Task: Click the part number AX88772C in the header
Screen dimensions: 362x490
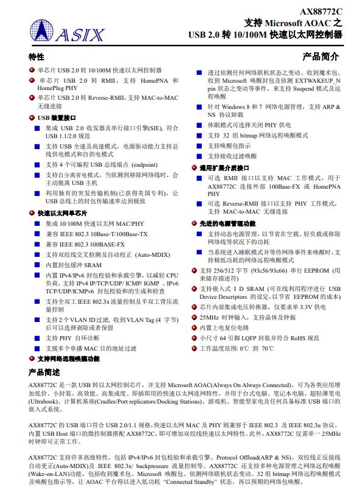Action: point(321,11)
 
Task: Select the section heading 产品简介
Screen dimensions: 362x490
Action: point(321,57)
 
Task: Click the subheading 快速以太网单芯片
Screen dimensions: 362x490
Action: point(62,214)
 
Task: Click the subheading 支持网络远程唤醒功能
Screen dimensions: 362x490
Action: point(68,359)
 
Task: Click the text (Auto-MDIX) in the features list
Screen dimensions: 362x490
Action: point(152,254)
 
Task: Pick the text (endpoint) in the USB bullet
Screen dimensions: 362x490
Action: point(144,164)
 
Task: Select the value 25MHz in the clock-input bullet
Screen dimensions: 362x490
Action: point(209,317)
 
